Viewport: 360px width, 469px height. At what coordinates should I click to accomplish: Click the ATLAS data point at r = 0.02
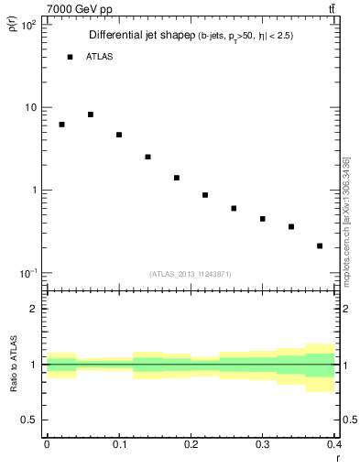tap(61, 125)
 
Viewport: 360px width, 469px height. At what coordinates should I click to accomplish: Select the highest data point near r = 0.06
tap(91, 115)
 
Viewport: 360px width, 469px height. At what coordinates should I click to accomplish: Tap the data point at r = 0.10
tap(119, 135)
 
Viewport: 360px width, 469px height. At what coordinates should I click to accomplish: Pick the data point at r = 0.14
tap(147, 157)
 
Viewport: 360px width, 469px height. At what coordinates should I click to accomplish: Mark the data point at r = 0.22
tap(205, 195)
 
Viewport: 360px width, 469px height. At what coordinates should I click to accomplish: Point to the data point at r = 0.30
tap(263, 219)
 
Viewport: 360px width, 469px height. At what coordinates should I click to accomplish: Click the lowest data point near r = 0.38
tap(320, 245)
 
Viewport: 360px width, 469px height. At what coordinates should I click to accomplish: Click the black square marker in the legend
tap(70, 57)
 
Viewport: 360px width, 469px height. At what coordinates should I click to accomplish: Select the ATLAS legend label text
tap(99, 57)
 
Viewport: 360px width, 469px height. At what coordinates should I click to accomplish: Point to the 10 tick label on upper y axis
tap(28, 107)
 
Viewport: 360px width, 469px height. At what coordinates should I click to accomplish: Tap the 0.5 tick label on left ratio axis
tap(27, 420)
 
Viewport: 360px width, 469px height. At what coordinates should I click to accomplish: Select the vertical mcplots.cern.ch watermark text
tap(346, 220)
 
